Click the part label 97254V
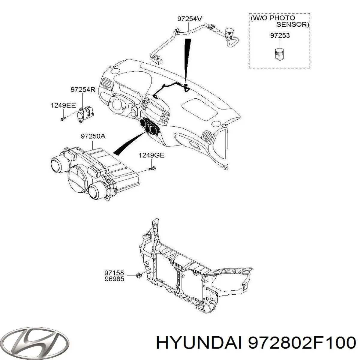189,19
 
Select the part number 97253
280,35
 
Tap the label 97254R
83,90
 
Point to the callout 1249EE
63,106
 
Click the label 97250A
93,136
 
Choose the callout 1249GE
151,155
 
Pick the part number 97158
114,273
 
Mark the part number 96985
114,279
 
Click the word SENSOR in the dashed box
292,25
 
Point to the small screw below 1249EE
63,118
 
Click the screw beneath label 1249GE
152,169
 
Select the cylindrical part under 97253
280,54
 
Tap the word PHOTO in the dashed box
282,18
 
